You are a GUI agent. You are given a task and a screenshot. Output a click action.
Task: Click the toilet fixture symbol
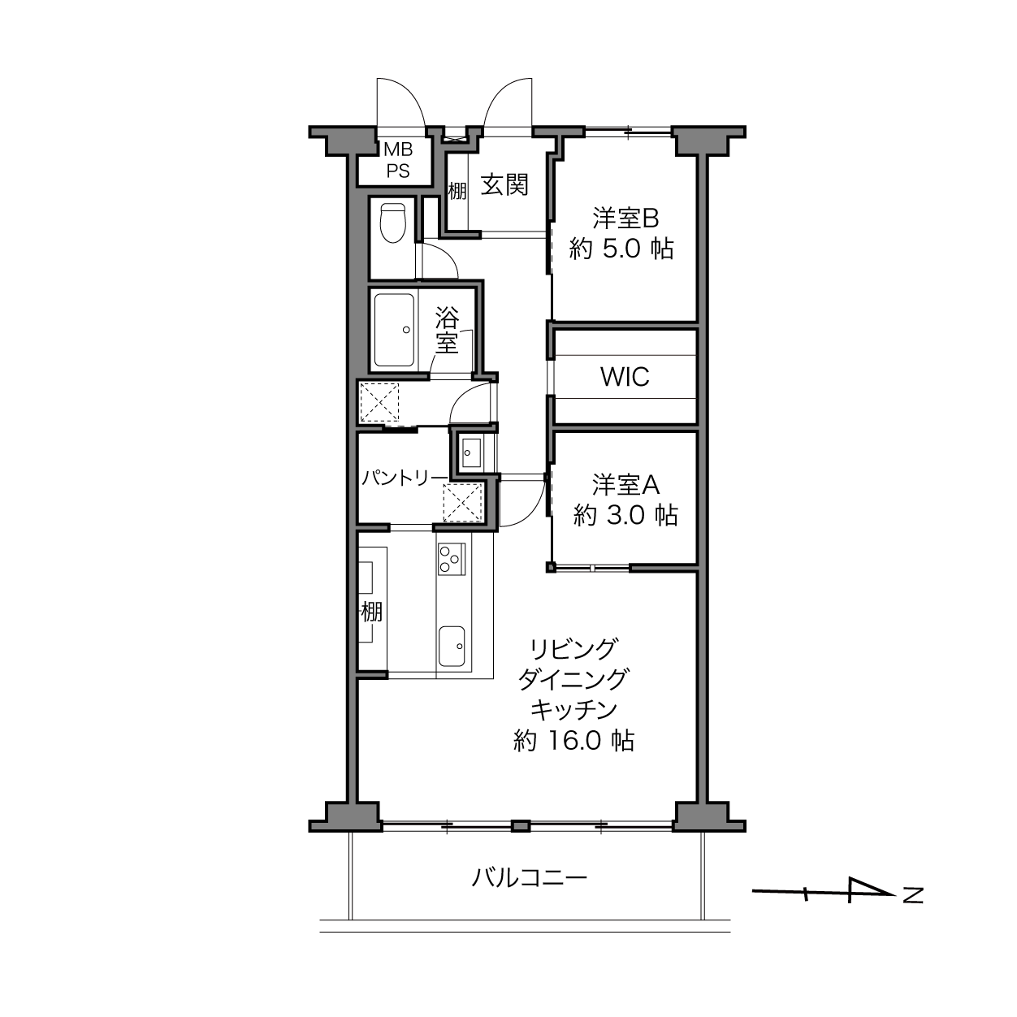click(393, 223)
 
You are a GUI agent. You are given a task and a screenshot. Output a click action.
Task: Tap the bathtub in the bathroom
click(394, 331)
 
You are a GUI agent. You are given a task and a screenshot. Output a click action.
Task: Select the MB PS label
click(399, 160)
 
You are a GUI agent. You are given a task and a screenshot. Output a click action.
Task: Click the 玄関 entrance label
click(504, 184)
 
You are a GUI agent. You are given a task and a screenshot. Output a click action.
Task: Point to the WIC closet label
click(625, 377)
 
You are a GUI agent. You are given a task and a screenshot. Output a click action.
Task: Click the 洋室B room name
click(625, 218)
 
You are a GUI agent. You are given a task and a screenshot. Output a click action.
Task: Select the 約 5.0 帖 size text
click(621, 248)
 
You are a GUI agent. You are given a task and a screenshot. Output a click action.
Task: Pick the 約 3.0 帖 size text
click(625, 514)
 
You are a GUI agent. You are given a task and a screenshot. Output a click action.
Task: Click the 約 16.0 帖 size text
click(573, 741)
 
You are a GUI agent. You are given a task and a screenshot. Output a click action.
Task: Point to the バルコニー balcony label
click(529, 878)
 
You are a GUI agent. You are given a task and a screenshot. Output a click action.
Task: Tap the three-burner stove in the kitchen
click(452, 560)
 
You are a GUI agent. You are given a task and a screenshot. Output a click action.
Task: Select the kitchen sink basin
click(452, 647)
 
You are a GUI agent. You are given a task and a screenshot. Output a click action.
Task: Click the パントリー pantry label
click(405, 478)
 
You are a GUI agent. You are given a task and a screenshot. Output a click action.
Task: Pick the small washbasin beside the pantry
click(470, 452)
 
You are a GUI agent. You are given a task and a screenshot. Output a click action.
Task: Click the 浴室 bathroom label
click(447, 331)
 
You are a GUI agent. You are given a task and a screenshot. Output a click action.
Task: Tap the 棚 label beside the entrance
click(457, 191)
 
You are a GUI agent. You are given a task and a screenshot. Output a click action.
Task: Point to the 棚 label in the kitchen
click(372, 612)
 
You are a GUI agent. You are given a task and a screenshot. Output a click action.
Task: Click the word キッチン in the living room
click(573, 711)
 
